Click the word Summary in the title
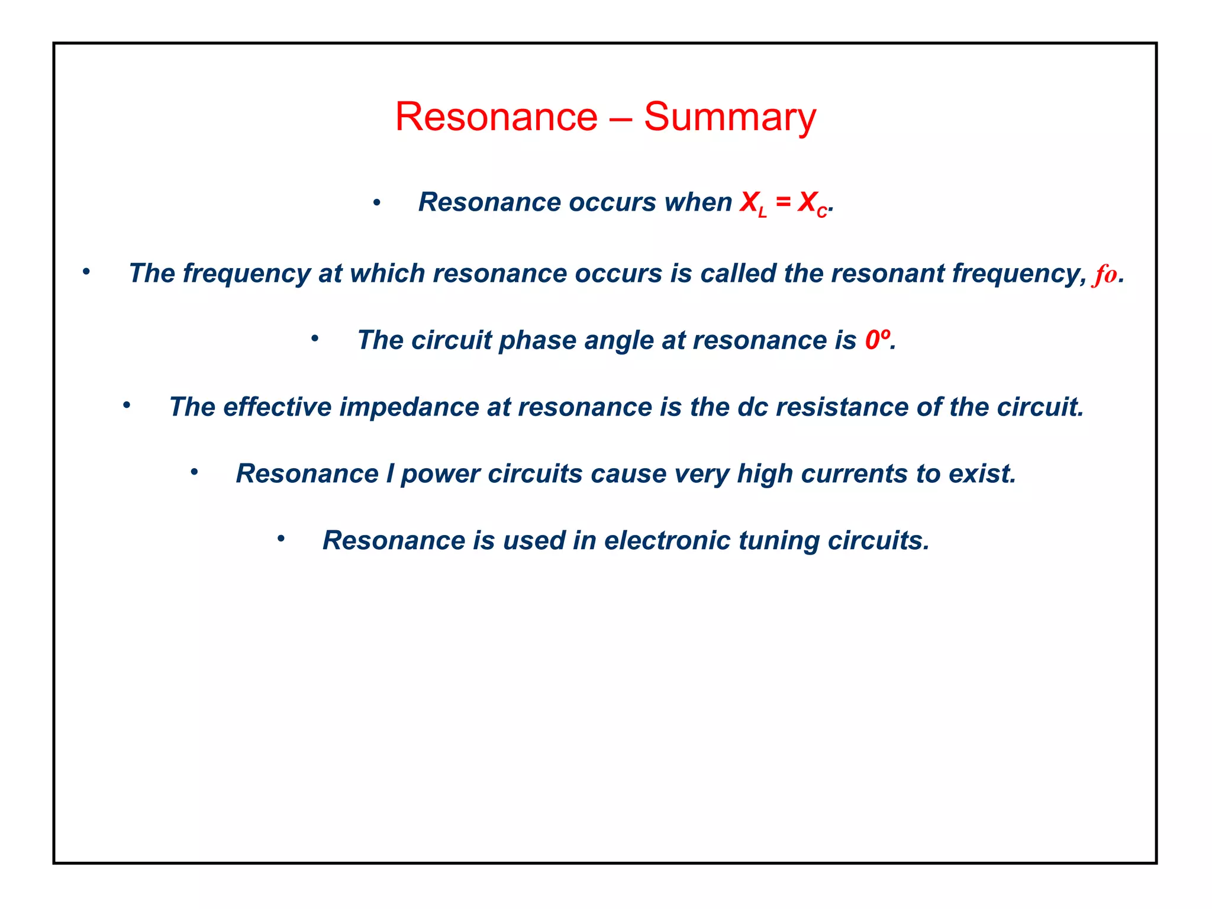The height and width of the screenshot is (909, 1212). [729, 117]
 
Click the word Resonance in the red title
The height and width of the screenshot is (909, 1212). [496, 117]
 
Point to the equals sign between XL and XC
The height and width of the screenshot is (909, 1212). [783, 202]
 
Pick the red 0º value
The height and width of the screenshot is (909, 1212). [876, 340]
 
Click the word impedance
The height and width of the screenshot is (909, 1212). [409, 407]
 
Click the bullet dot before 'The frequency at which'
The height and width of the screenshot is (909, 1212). [86, 272]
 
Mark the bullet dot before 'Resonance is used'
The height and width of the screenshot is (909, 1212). [281, 539]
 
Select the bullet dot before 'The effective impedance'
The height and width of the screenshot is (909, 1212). [127, 405]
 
